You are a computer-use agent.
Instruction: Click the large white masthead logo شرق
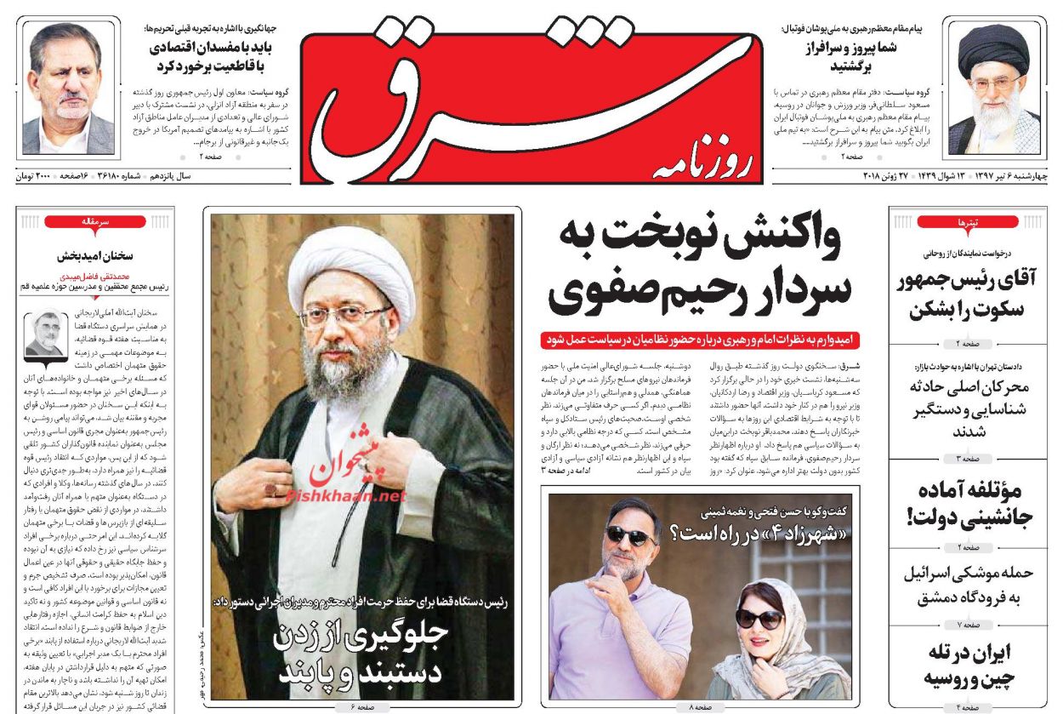click(x=476, y=94)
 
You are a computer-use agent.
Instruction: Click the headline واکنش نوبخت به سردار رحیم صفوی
click(x=699, y=266)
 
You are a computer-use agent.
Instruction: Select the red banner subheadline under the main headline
click(x=700, y=340)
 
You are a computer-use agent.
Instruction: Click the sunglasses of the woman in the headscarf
click(x=759, y=617)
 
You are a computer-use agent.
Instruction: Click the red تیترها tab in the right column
click(x=968, y=222)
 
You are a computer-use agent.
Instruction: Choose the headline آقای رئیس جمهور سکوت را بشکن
click(x=969, y=294)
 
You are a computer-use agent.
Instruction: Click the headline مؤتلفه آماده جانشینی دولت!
click(x=969, y=504)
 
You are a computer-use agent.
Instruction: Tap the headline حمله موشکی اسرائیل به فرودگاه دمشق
click(x=968, y=585)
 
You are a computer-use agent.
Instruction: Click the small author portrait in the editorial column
click(x=44, y=333)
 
